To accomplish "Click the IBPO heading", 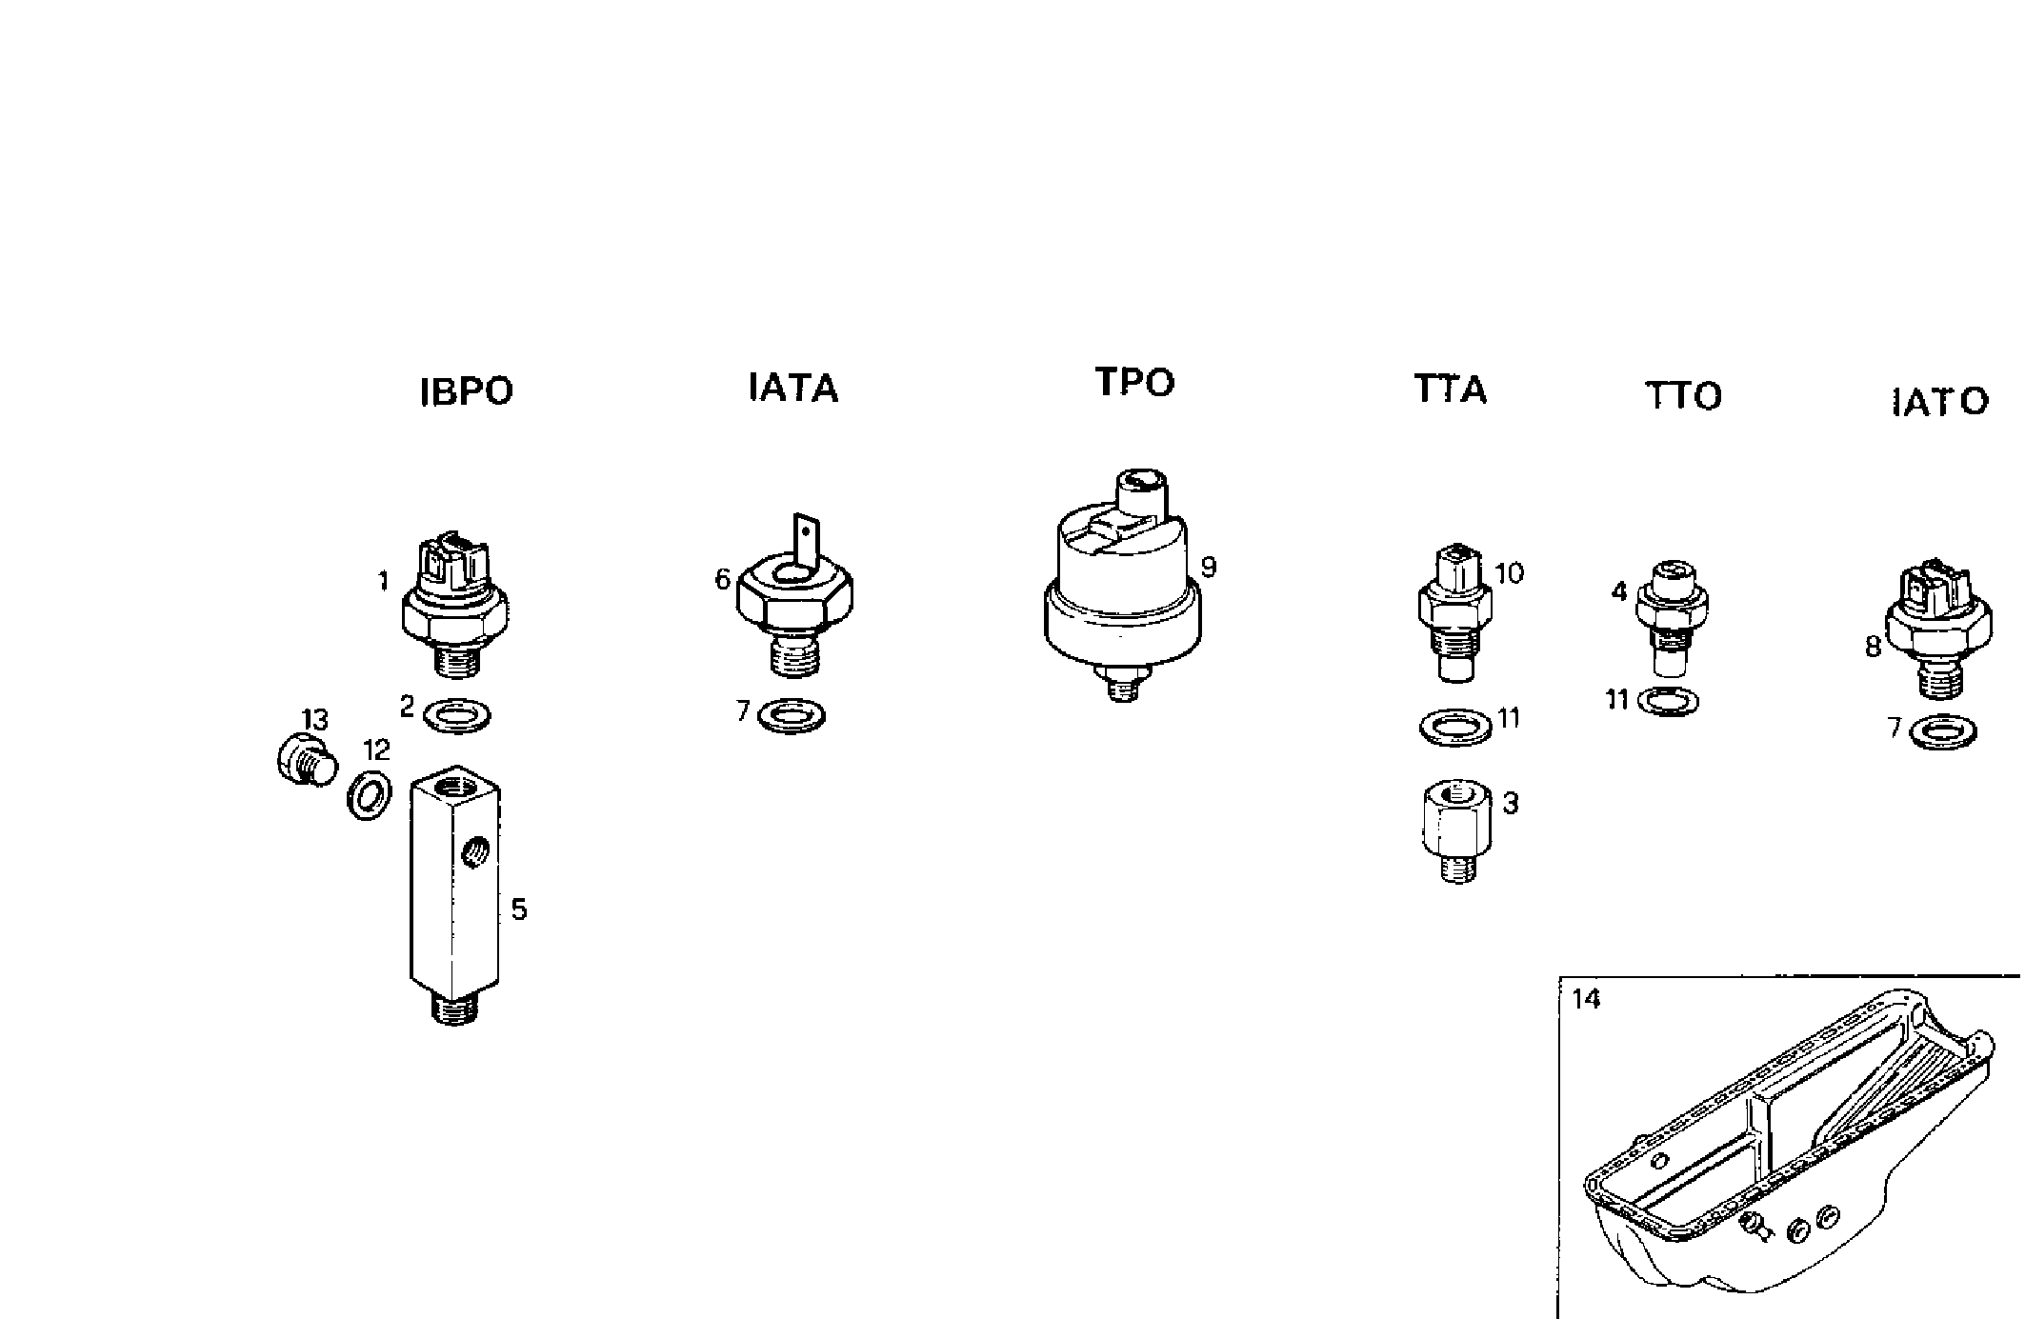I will [x=466, y=391].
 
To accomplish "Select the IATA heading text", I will [x=792, y=388].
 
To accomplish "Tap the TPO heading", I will [x=1134, y=382].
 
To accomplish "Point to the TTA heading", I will [x=1450, y=390].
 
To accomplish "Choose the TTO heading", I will [x=1683, y=395].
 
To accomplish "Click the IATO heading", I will [x=1939, y=402].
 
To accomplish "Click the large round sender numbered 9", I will [x=1122, y=590].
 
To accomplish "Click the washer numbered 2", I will [x=456, y=714].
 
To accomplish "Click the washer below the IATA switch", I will [x=792, y=715].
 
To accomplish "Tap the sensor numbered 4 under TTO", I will [x=1672, y=614].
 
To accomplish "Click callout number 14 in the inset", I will [x=1587, y=1000].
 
